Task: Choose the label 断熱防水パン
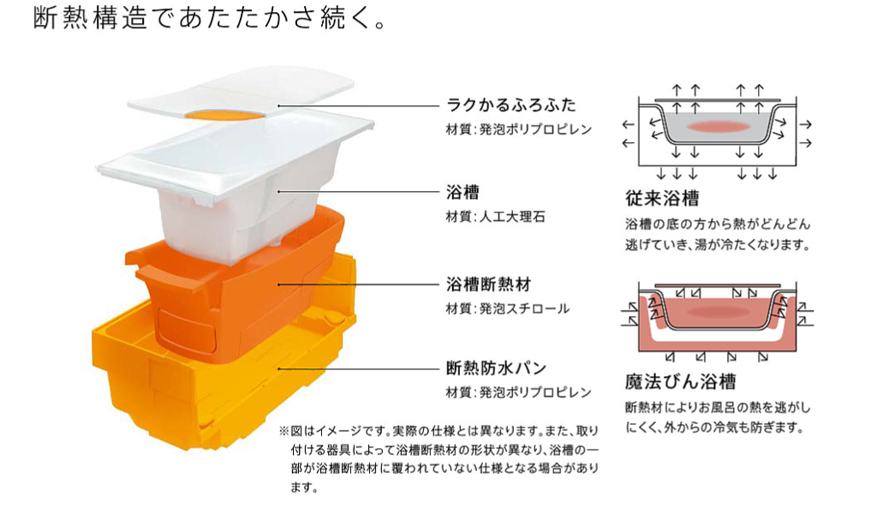coord(496,369)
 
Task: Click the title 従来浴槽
coord(662,200)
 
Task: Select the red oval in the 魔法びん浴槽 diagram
coord(713,313)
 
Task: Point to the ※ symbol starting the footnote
coord(284,431)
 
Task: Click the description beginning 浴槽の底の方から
coord(716,225)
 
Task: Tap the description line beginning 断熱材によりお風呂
coord(717,407)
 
